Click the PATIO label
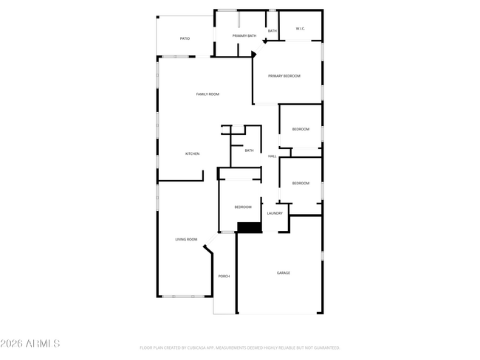point(185,38)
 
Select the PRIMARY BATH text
point(244,35)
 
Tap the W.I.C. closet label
point(300,29)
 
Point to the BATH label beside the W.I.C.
point(272,31)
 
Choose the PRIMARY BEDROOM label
point(284,76)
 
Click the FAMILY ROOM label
point(208,94)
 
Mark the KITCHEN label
point(192,153)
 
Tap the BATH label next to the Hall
point(249,150)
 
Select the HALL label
point(272,156)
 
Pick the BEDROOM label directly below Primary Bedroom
point(301,129)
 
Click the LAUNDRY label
point(275,213)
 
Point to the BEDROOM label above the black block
point(243,207)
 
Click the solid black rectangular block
point(250,228)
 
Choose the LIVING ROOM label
point(186,240)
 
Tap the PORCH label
point(224,277)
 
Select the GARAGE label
point(284,273)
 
